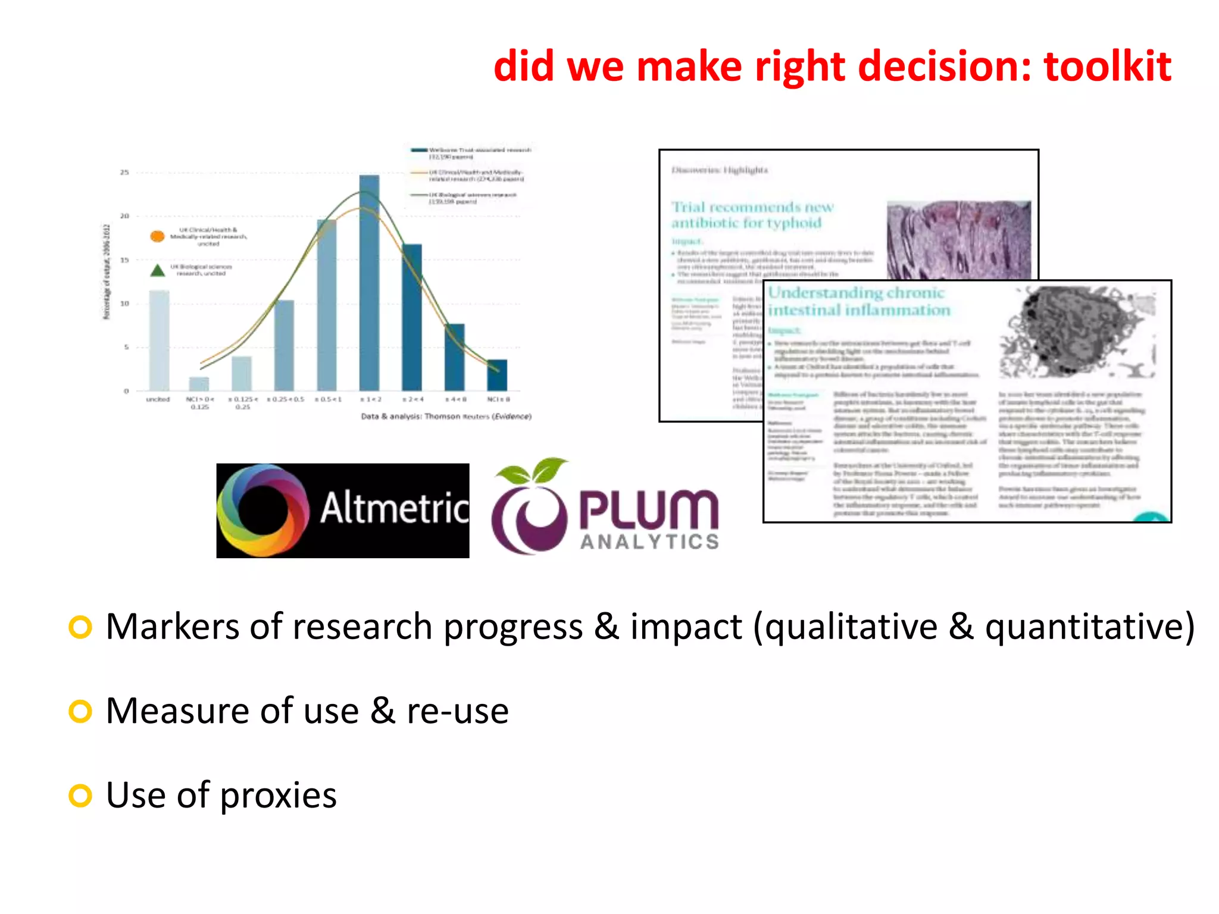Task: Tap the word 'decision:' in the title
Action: click(944, 67)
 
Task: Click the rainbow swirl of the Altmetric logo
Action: click(262, 511)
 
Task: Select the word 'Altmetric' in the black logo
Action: click(395, 509)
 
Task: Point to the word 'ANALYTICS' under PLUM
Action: click(649, 541)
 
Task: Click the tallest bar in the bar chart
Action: click(369, 283)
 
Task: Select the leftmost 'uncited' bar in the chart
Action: click(159, 340)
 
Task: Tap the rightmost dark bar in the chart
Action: click(497, 375)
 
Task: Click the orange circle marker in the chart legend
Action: click(157, 236)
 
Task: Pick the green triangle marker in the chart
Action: click(157, 271)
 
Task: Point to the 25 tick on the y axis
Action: click(124, 173)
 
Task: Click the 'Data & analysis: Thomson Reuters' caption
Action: click(446, 417)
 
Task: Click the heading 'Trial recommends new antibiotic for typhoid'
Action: click(753, 215)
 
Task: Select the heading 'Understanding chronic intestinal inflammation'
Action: click(858, 301)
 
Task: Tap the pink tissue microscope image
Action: click(958, 240)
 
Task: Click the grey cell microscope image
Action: click(1077, 332)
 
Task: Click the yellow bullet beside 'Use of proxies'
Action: click(80, 796)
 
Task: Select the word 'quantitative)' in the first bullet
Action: click(1089, 627)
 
